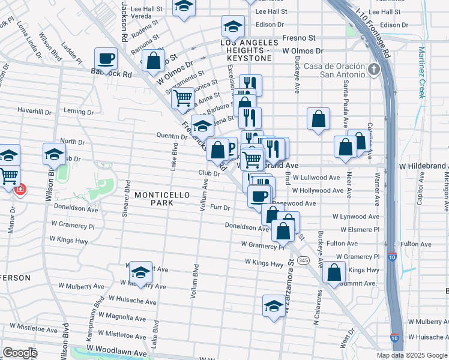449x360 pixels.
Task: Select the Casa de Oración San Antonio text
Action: pos(334,70)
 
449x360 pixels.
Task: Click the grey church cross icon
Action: pos(373,70)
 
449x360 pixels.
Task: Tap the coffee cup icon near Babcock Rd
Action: pos(106,59)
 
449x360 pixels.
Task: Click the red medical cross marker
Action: pos(20,189)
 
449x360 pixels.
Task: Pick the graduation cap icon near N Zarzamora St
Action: pos(274,305)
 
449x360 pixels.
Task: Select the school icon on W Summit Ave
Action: pos(140,272)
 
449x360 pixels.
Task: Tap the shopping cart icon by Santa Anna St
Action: pos(182,97)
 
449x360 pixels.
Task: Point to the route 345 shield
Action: pos(304,260)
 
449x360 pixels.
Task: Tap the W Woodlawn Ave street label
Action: pos(117,347)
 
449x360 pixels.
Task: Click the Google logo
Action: pos(20,353)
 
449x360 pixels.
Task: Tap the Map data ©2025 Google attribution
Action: pos(412,355)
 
